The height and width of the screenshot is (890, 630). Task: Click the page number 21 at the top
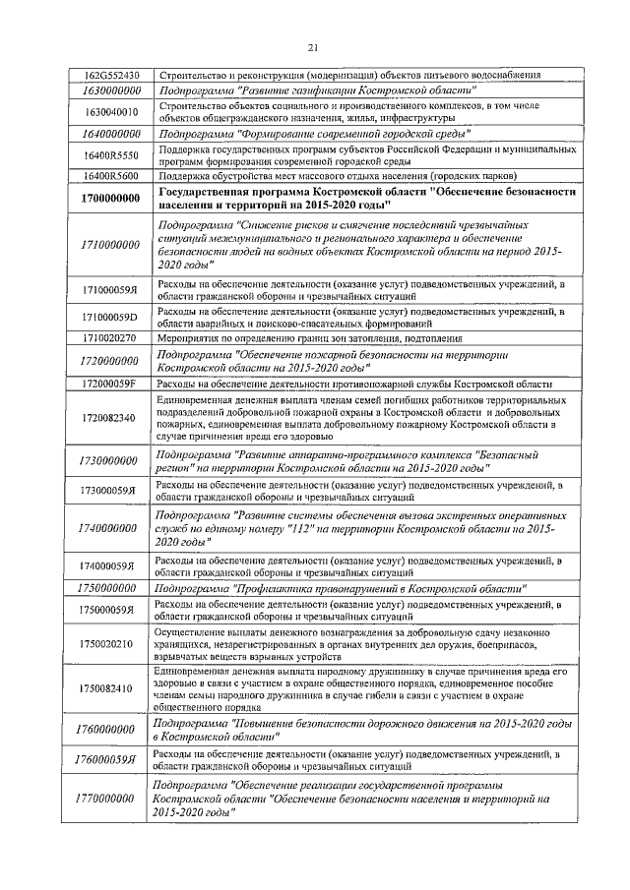pyautogui.click(x=313, y=45)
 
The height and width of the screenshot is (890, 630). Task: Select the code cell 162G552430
pyautogui.click(x=110, y=75)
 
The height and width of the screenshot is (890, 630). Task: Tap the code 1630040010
pyautogui.click(x=110, y=111)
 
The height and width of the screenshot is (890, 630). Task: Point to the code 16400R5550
pyautogui.click(x=110, y=154)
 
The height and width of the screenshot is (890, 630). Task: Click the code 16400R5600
pyautogui.click(x=110, y=175)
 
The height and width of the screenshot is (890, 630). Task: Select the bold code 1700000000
pyautogui.click(x=110, y=199)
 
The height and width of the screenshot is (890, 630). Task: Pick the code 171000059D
pyautogui.click(x=110, y=318)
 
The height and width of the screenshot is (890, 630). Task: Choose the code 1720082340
pyautogui.click(x=110, y=418)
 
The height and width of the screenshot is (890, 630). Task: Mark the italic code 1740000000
pyautogui.click(x=110, y=528)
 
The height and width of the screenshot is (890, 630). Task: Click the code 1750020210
pyautogui.click(x=110, y=643)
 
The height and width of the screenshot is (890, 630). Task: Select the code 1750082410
pyautogui.click(x=110, y=689)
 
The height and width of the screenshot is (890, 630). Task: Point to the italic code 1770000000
pyautogui.click(x=110, y=801)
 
